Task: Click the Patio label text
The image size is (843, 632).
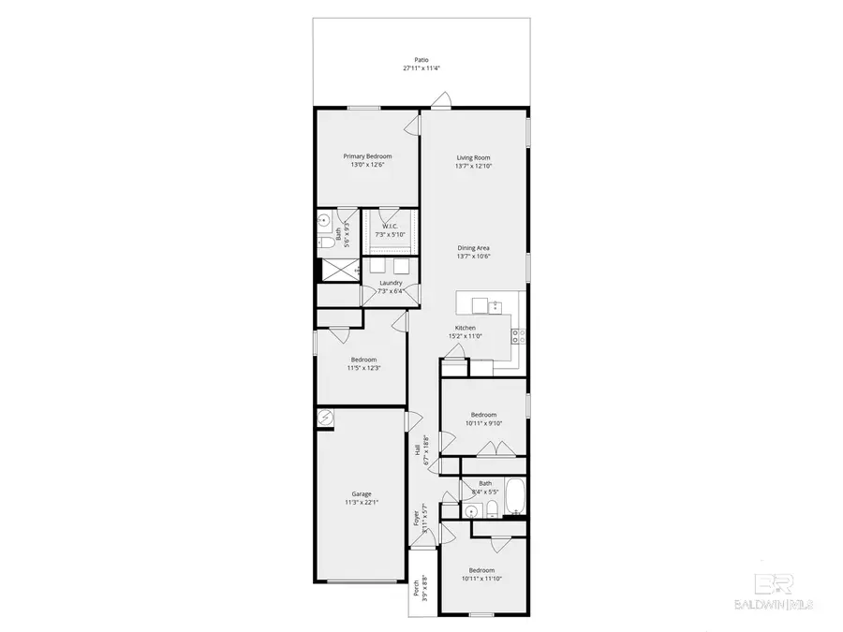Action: (x=421, y=59)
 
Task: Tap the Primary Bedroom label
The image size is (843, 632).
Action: (x=367, y=156)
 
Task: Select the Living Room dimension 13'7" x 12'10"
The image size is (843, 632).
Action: (x=473, y=166)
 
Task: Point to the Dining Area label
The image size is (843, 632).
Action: (x=473, y=248)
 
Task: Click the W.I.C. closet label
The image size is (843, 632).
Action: (x=391, y=226)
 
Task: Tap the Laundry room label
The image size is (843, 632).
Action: (x=391, y=283)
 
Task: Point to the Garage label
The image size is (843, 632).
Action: (x=362, y=494)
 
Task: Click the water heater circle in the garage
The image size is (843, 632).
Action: (x=325, y=419)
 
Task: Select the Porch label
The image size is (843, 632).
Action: (x=416, y=589)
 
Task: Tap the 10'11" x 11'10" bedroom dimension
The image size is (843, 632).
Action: (x=483, y=579)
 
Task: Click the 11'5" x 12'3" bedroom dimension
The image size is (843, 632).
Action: (x=363, y=368)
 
